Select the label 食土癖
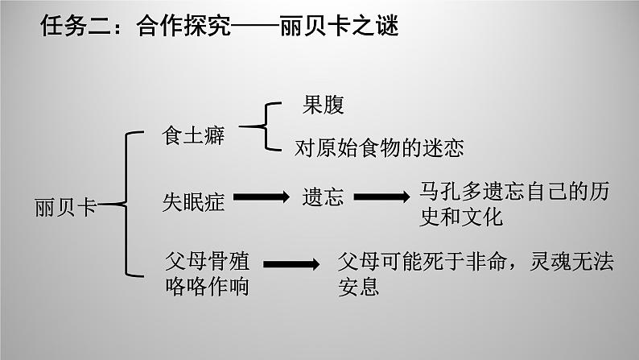click(193, 136)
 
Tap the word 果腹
click(324, 106)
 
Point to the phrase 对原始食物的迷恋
click(379, 149)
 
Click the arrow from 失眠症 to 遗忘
click(262, 198)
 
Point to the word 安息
click(359, 286)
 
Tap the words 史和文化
click(461, 217)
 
